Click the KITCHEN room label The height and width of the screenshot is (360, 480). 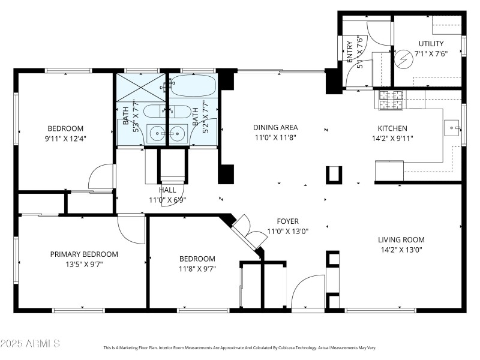coord(392,128)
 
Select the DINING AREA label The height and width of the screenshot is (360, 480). coord(275,127)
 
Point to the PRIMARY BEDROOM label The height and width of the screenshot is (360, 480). coord(83,254)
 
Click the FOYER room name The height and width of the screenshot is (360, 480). coord(287,221)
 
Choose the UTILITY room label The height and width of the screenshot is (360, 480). coord(431,43)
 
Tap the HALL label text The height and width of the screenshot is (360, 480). coord(167,190)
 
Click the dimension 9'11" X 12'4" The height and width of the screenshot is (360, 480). coord(65,139)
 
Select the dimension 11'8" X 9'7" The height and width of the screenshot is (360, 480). coord(197,269)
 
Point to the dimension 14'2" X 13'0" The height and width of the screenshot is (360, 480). coord(401,250)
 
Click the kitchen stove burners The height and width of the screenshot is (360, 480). coord(391,100)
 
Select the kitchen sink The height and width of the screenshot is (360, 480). coord(452,127)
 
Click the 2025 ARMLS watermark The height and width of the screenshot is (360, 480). coord(30,344)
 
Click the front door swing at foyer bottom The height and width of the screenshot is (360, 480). coord(308,292)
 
